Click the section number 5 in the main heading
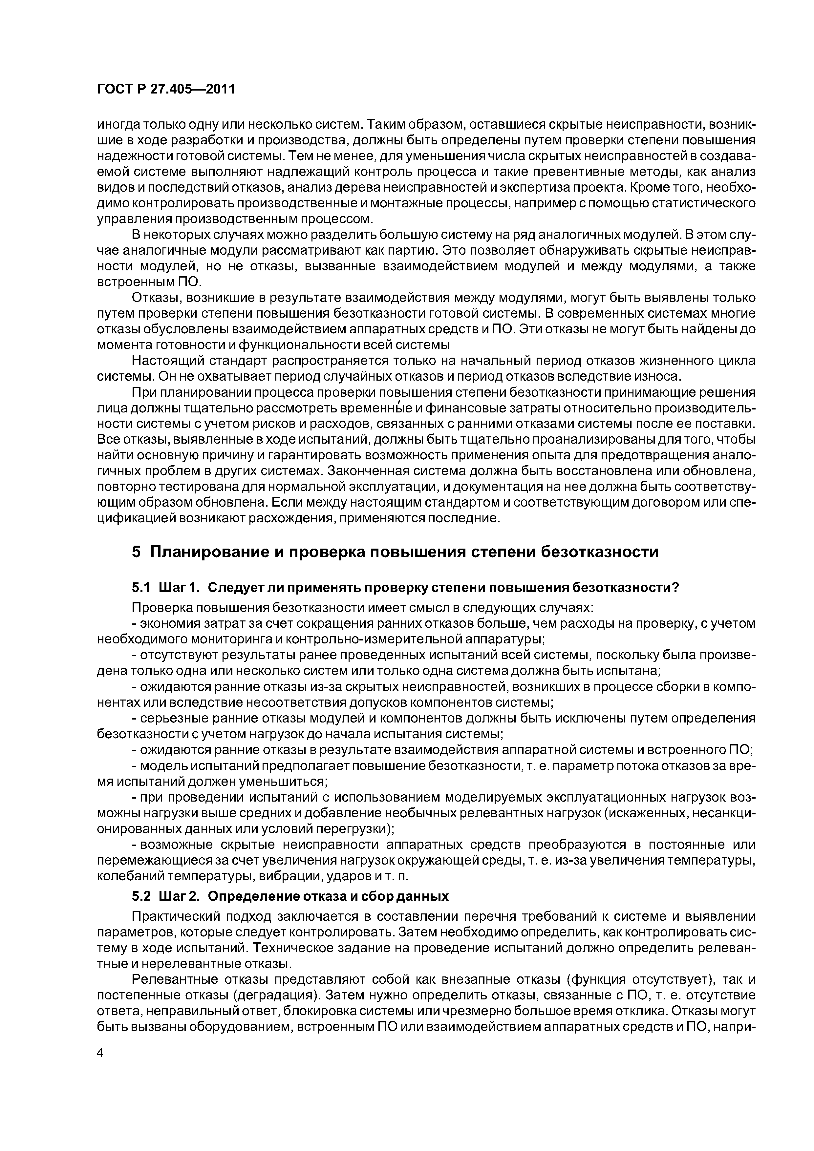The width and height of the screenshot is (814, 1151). pyautogui.click(x=137, y=552)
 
